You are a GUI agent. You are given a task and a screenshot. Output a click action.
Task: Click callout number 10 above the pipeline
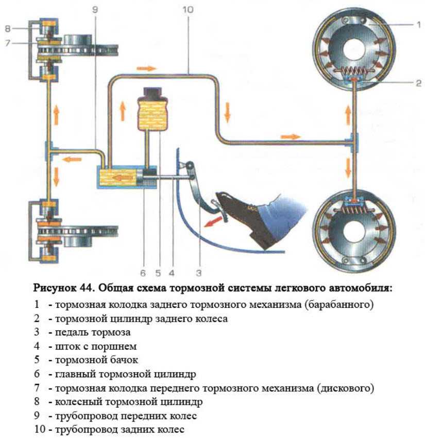coord(188,9)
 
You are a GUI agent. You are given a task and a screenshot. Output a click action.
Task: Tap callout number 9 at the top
coord(94,9)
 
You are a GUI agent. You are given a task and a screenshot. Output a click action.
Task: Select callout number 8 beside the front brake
coord(8,29)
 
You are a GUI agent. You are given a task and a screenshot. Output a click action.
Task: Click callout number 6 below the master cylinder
coord(143,268)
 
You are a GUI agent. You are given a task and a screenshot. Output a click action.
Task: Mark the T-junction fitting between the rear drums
coord(354,141)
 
